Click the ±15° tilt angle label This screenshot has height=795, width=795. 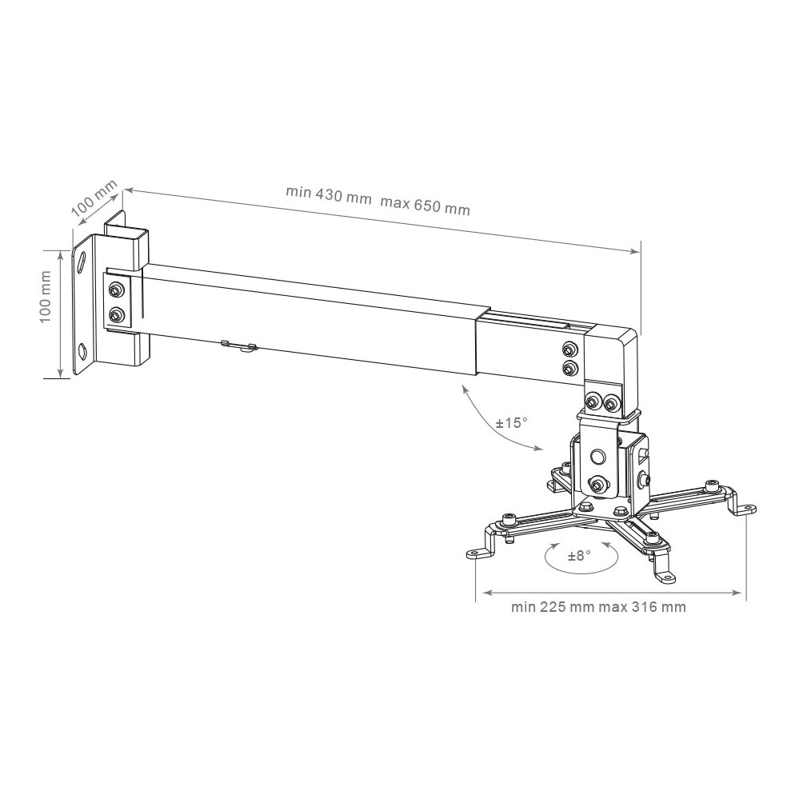click(x=512, y=422)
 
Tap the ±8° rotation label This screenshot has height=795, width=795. click(x=579, y=556)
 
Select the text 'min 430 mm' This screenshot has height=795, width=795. click(x=329, y=194)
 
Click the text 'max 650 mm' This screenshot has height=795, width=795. click(x=425, y=205)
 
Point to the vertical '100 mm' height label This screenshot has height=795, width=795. click(x=46, y=297)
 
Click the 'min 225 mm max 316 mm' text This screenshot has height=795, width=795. click(x=598, y=607)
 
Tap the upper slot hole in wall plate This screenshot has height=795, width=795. click(x=81, y=265)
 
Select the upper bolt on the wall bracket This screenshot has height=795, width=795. click(x=116, y=290)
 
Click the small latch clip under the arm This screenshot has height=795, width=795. click(x=239, y=347)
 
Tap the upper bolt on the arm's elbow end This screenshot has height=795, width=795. click(x=570, y=349)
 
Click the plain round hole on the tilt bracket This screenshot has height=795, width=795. click(x=597, y=455)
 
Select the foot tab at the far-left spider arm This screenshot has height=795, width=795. click(x=478, y=553)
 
